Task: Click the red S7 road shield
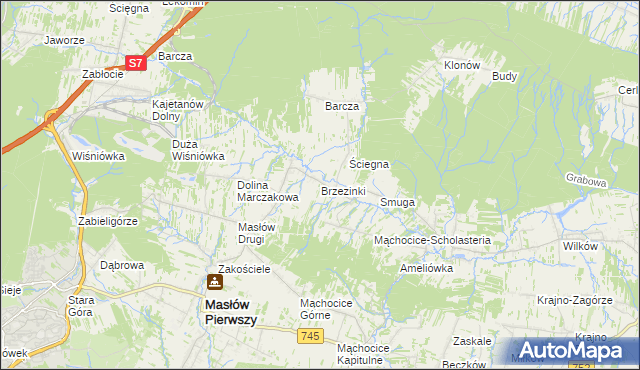137,63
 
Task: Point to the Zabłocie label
102,74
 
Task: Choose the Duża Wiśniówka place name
198,149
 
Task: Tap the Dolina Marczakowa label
267,191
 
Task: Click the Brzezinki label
343,190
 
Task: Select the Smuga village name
397,202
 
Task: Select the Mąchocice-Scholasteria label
431,241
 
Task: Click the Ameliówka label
426,268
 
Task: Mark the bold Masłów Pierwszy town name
231,311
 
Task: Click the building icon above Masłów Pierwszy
213,283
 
